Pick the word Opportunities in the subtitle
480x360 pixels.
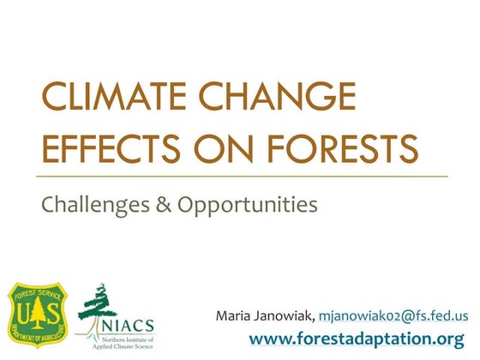point(244,205)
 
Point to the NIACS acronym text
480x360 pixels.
point(129,323)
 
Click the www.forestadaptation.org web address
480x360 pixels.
point(368,339)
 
